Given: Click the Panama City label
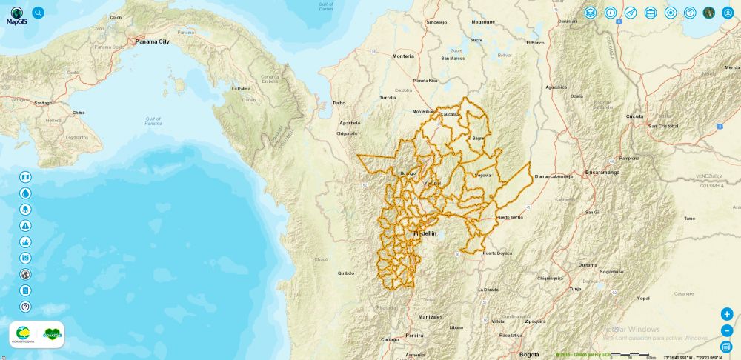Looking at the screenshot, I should pyautogui.click(x=152, y=41).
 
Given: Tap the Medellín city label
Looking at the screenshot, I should pyautogui.click(x=425, y=233).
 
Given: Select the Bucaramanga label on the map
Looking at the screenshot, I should pyautogui.click(x=602, y=172).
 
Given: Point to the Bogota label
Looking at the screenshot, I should pyautogui.click(x=529, y=354).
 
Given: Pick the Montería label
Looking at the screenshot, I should pyautogui.click(x=403, y=56).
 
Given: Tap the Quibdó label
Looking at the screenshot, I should pyautogui.click(x=345, y=273).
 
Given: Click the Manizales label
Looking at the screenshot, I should pyautogui.click(x=430, y=316).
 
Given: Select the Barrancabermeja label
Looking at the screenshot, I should pyautogui.click(x=554, y=176).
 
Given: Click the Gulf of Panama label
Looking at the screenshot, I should pyautogui.click(x=153, y=121).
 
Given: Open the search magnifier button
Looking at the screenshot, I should pyautogui.click(x=39, y=13).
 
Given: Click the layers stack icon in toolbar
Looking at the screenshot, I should pyautogui.click(x=590, y=13).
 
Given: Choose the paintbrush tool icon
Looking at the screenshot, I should pyautogui.click(x=631, y=13).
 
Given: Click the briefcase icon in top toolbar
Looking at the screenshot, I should pyautogui.click(x=651, y=13).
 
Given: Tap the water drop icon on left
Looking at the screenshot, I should pyautogui.click(x=25, y=193).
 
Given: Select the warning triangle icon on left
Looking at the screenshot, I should pyautogui.click(x=25, y=226).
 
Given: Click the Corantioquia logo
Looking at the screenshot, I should pyautogui.click(x=23, y=335).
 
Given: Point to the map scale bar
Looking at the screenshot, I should pyautogui.click(x=629, y=354).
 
